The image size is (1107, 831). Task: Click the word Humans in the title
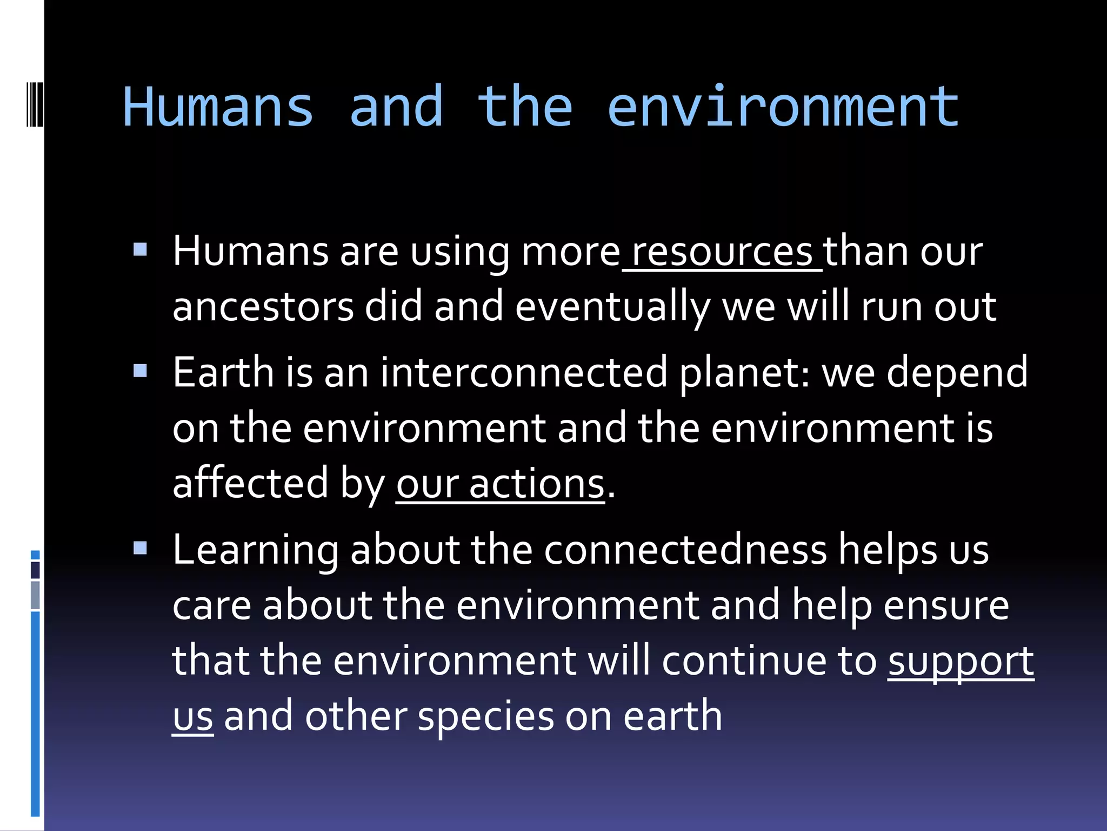click(x=218, y=107)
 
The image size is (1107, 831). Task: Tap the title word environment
click(x=783, y=107)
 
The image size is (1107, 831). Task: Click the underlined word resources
click(x=722, y=252)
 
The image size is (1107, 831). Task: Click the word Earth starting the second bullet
click(x=223, y=373)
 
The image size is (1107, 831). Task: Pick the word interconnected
click(x=524, y=373)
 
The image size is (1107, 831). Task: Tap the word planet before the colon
click(x=741, y=374)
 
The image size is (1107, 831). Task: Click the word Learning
click(x=255, y=550)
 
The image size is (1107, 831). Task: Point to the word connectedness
click(x=685, y=550)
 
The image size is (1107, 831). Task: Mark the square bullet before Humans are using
click(x=140, y=249)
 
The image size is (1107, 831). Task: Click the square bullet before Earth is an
click(x=140, y=371)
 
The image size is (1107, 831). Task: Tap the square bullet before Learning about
click(x=140, y=548)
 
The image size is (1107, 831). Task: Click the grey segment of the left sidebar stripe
click(x=35, y=595)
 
